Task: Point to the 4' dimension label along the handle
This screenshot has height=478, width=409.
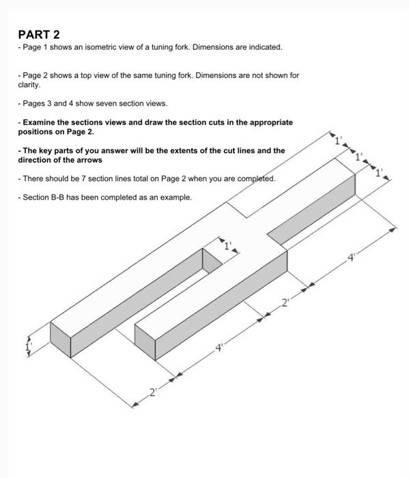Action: click(x=352, y=257)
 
